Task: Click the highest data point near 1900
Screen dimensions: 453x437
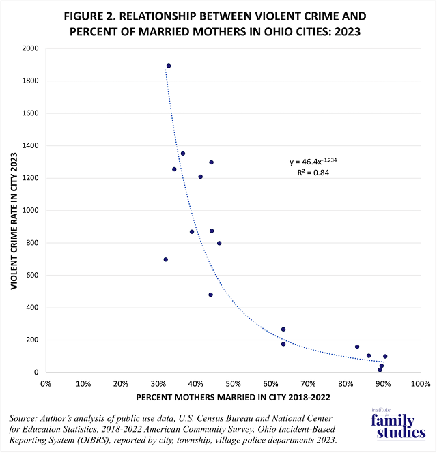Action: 169,66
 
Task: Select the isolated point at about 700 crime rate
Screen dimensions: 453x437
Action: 166,259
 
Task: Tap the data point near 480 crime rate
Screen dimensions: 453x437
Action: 211,295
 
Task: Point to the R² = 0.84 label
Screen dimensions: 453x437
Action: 312,173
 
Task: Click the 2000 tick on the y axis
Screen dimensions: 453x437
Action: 30,48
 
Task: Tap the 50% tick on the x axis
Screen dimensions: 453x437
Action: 233,383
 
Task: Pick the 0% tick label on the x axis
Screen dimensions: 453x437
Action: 46,383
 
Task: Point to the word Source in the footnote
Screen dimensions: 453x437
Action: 27,417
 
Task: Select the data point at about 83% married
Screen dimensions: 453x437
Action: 357,347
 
